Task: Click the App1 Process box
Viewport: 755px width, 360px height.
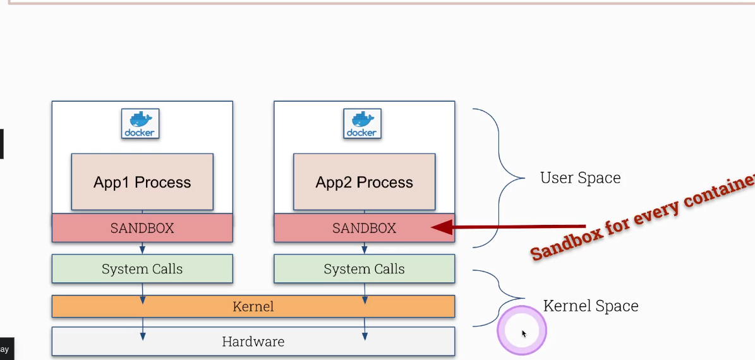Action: (142, 182)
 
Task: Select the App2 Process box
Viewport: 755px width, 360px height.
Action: (364, 182)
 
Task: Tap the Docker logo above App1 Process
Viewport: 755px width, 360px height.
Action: (140, 123)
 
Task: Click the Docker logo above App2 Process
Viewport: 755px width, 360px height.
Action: (362, 123)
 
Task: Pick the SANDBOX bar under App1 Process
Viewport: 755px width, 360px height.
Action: (142, 228)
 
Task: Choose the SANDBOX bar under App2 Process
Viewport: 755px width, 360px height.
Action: (364, 228)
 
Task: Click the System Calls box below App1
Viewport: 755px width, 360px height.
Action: (142, 269)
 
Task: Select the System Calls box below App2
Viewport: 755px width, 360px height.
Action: (364, 269)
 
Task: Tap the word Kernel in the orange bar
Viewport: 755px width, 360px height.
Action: (253, 307)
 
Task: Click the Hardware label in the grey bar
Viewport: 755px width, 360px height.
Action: (253, 342)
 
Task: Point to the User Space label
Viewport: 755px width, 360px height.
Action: (580, 178)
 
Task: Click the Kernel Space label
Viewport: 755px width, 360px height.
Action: (591, 306)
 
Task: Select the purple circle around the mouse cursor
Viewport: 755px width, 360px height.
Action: (522, 331)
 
